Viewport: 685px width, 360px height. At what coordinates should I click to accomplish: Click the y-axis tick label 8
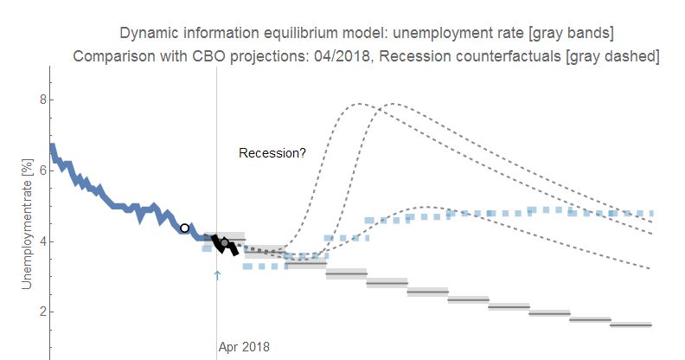coord(38,100)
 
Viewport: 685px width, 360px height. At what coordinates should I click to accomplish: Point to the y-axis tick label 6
coord(38,170)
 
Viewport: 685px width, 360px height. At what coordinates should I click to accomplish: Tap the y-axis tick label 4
coord(38,241)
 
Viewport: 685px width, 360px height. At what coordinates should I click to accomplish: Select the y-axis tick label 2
coord(38,312)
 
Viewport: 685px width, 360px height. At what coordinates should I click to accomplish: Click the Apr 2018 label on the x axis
coord(244,347)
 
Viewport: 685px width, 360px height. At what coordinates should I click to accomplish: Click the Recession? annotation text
coord(272,153)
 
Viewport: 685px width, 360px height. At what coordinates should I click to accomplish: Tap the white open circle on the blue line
coord(184,228)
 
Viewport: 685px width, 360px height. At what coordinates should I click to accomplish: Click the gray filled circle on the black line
coord(225,243)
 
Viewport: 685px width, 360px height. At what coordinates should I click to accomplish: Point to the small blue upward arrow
coord(217,275)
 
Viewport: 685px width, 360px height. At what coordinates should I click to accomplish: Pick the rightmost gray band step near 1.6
coord(631,325)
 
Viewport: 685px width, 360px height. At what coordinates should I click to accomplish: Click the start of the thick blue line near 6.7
coord(52,148)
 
